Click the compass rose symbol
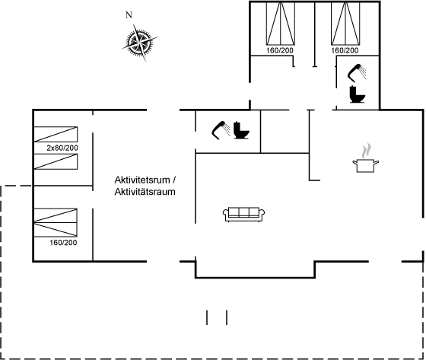(x=140, y=43)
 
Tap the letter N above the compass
(x=129, y=15)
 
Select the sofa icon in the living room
(x=244, y=215)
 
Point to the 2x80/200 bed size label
(x=62, y=148)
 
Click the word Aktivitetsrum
(x=142, y=180)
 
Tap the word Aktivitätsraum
(x=145, y=192)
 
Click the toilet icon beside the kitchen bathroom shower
(x=357, y=94)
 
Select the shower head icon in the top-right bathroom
(x=357, y=73)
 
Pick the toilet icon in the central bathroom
(x=241, y=130)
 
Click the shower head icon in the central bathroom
(x=221, y=130)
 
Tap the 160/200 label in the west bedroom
(x=63, y=243)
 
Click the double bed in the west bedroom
(x=56, y=222)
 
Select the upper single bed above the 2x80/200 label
(x=56, y=134)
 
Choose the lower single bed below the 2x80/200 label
(x=56, y=162)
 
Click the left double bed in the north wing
(x=281, y=24)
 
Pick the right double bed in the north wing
(x=345, y=24)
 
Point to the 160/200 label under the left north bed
(x=280, y=50)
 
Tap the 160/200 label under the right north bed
(x=345, y=50)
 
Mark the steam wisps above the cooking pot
(x=366, y=151)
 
